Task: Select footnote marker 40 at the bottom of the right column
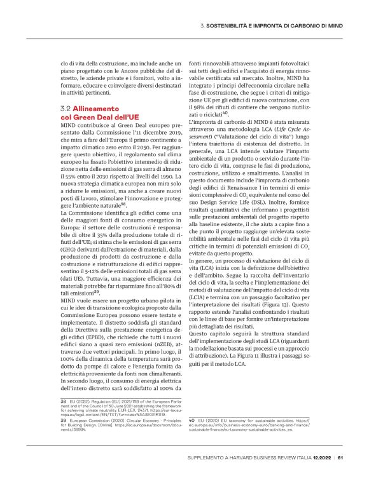[x=193, y=420]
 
